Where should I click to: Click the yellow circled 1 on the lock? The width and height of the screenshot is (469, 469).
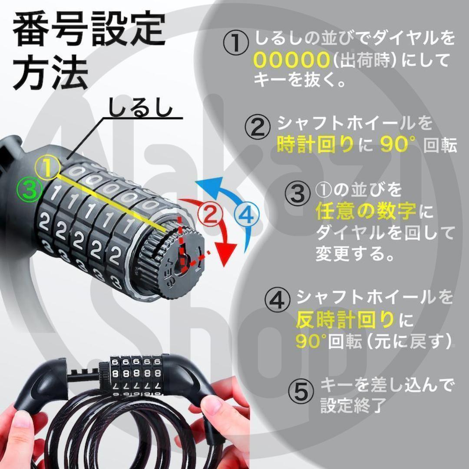[48, 168]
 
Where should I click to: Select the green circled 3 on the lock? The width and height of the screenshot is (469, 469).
[30, 189]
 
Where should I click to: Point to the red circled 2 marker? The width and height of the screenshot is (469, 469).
[210, 213]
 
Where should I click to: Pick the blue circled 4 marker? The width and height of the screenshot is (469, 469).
[247, 215]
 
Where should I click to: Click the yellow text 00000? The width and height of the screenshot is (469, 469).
[291, 59]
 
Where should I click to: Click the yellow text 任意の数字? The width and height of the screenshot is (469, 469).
[366, 211]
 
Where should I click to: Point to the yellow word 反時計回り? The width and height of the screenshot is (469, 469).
[344, 319]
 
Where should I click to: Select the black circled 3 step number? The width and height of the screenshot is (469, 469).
[297, 193]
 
